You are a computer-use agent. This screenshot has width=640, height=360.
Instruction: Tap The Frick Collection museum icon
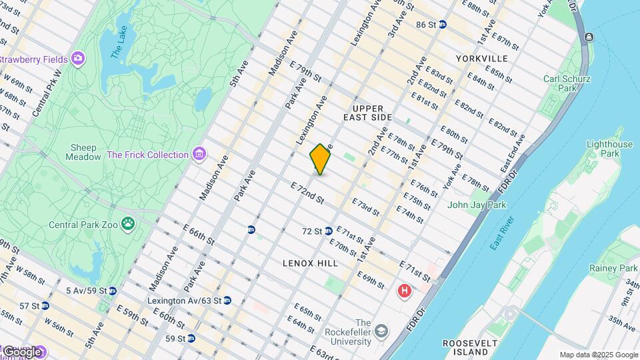[x=198, y=155]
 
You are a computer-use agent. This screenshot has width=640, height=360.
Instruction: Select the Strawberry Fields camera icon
[x=78, y=59]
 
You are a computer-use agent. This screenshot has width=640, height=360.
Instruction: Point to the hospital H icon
[x=404, y=291]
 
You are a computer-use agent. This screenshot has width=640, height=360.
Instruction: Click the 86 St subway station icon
[x=443, y=25]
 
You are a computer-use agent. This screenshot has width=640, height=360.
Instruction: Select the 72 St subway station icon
[x=328, y=231]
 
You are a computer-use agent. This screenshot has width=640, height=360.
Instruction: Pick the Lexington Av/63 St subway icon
[x=227, y=301]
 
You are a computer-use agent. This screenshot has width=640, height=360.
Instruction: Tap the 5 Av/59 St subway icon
[x=113, y=291]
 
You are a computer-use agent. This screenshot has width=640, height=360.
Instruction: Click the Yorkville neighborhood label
[x=481, y=59]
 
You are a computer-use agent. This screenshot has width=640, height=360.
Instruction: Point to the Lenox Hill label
[x=309, y=263]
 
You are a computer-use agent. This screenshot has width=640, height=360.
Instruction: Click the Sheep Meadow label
[x=81, y=152]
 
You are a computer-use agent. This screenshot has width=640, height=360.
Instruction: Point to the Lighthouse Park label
[x=609, y=149]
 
